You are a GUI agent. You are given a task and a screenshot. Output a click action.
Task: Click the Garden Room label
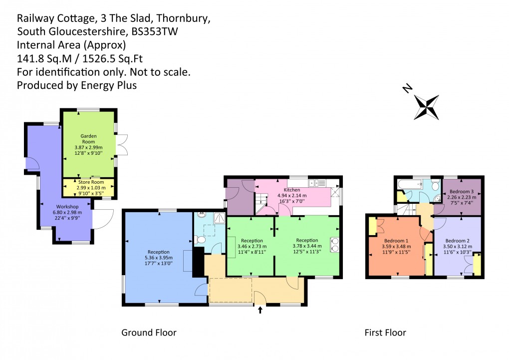coord(88,139)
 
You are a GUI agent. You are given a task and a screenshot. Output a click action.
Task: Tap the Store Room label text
coord(88,183)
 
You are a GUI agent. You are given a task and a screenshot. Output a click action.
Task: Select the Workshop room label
coord(68,207)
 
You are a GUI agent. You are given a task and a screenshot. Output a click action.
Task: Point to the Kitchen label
coord(292,190)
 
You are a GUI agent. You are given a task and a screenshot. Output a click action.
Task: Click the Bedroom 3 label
coord(461,192)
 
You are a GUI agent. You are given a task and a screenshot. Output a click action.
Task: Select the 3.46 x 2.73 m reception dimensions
coord(252,247)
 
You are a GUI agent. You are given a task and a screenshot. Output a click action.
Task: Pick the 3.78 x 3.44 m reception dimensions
coord(307,247)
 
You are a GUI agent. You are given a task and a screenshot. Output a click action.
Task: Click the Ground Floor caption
coord(149,333)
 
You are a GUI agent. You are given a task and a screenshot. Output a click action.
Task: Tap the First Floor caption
coord(385,333)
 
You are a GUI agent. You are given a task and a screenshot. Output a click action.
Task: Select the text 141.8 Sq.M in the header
coord(41,58)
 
